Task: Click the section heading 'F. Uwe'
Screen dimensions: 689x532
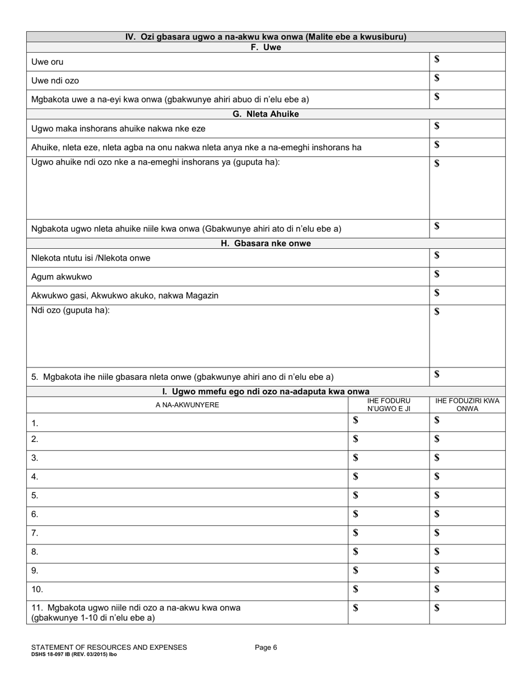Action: (x=265, y=48)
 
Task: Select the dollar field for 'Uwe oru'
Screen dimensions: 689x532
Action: (x=466, y=61)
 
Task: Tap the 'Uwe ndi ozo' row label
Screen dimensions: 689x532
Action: (x=55, y=81)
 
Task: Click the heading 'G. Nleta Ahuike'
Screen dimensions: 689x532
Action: (x=265, y=114)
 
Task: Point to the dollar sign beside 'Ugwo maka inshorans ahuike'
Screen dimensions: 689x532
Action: (x=437, y=126)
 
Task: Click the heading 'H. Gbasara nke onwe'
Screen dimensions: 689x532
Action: (x=265, y=244)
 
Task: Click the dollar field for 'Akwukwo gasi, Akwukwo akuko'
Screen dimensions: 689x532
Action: (x=466, y=295)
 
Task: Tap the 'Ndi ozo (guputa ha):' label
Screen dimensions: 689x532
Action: (x=71, y=310)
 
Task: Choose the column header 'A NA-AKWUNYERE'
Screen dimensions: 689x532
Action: (x=187, y=404)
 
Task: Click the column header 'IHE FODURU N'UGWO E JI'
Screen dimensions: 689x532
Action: (x=389, y=405)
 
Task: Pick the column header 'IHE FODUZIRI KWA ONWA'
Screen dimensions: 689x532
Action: (x=467, y=405)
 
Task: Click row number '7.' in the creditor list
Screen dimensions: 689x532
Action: (x=35, y=533)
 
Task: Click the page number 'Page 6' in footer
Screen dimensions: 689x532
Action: (x=266, y=648)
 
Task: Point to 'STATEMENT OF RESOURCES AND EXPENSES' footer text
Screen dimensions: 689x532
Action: (x=109, y=648)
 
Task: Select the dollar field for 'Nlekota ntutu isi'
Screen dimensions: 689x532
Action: (x=466, y=257)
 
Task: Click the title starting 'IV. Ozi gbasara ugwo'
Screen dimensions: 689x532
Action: (x=265, y=37)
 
